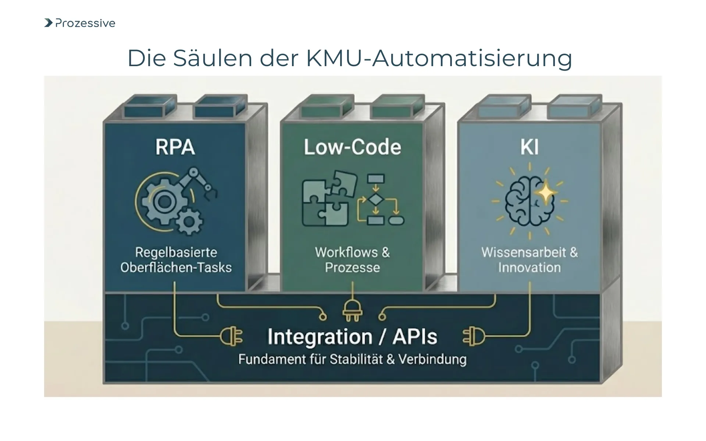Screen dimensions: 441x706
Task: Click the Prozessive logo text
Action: click(x=85, y=23)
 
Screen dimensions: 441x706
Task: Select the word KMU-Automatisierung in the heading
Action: click(x=439, y=58)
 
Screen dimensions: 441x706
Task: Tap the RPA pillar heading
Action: click(x=175, y=147)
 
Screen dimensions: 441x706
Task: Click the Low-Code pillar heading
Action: click(x=352, y=147)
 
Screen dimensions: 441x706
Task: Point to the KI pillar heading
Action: click(x=529, y=147)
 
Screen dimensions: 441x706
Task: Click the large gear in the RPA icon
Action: click(x=164, y=201)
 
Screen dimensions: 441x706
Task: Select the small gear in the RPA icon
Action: click(x=189, y=221)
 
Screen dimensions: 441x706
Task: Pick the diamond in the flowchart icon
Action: click(x=375, y=200)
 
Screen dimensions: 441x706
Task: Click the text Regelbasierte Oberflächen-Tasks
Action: click(x=176, y=260)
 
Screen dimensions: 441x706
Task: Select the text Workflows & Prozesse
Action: click(x=352, y=260)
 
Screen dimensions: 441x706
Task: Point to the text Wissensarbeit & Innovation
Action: click(x=529, y=260)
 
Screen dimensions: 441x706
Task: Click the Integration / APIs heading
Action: click(x=352, y=337)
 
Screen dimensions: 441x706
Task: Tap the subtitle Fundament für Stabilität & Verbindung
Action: click(x=352, y=359)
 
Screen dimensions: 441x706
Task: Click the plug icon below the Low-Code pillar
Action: click(x=352, y=311)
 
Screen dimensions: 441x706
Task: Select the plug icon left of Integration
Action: click(x=232, y=337)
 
